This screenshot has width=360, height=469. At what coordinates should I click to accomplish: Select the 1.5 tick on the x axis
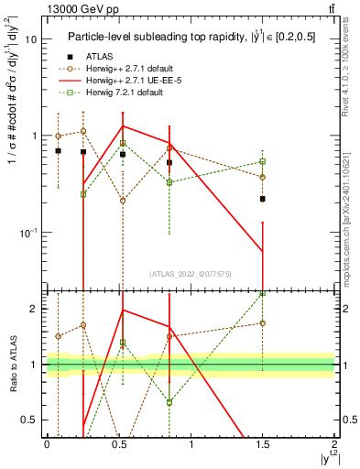point(263,443)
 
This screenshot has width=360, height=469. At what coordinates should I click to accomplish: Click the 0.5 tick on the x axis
point(119,443)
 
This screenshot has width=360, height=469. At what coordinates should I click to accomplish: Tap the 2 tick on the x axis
point(335,443)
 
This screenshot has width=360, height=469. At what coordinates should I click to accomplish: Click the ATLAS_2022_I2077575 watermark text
point(191,273)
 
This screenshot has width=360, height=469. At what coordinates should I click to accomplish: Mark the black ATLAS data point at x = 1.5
point(263,199)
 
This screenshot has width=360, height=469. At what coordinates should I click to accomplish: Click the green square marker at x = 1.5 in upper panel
point(263,161)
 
